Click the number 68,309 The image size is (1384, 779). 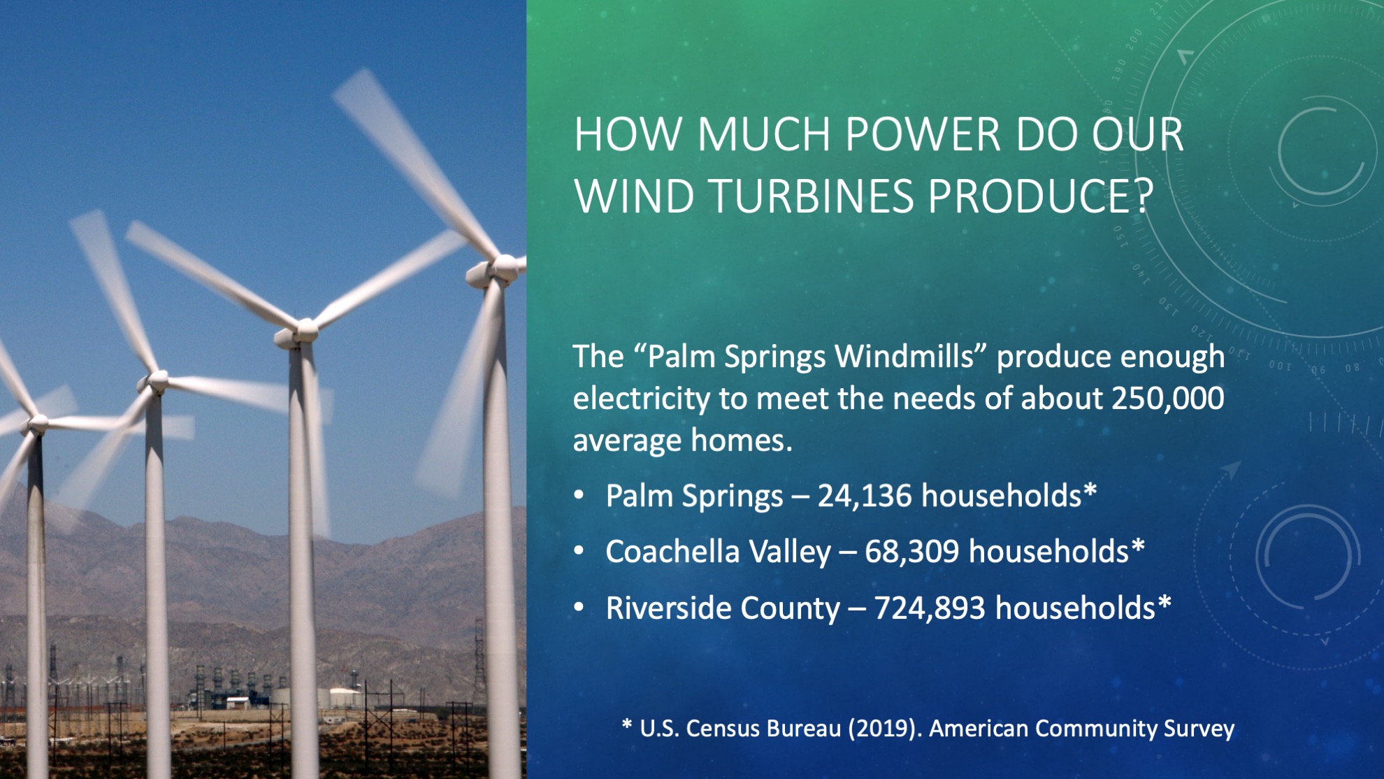click(911, 552)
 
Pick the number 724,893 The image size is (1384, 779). click(930, 608)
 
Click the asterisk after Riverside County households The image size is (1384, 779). click(1164, 603)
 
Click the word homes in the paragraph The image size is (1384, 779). click(742, 440)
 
